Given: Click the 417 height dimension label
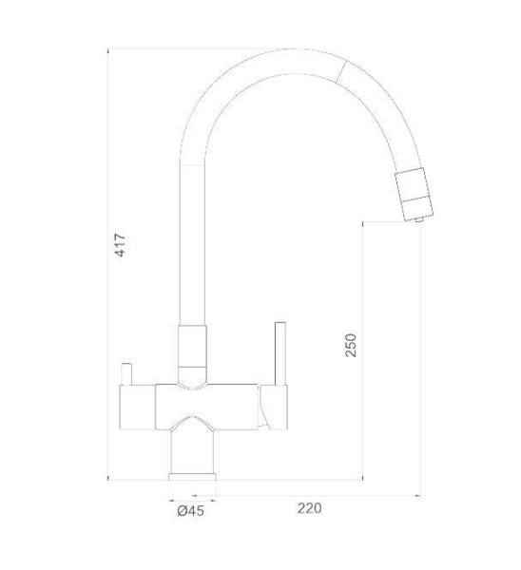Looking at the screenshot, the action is click(121, 246).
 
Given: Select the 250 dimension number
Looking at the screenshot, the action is click(351, 345).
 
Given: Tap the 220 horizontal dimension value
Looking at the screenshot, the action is click(309, 508).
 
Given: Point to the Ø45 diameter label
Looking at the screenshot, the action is click(191, 511).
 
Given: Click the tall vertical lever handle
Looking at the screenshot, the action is click(280, 353).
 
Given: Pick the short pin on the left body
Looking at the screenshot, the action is click(126, 373).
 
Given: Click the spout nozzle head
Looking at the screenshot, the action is click(415, 194).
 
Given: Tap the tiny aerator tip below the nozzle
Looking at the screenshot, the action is click(419, 219).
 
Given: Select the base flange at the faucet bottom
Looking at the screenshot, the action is click(192, 477).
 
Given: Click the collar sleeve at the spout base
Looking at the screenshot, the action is click(192, 353).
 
